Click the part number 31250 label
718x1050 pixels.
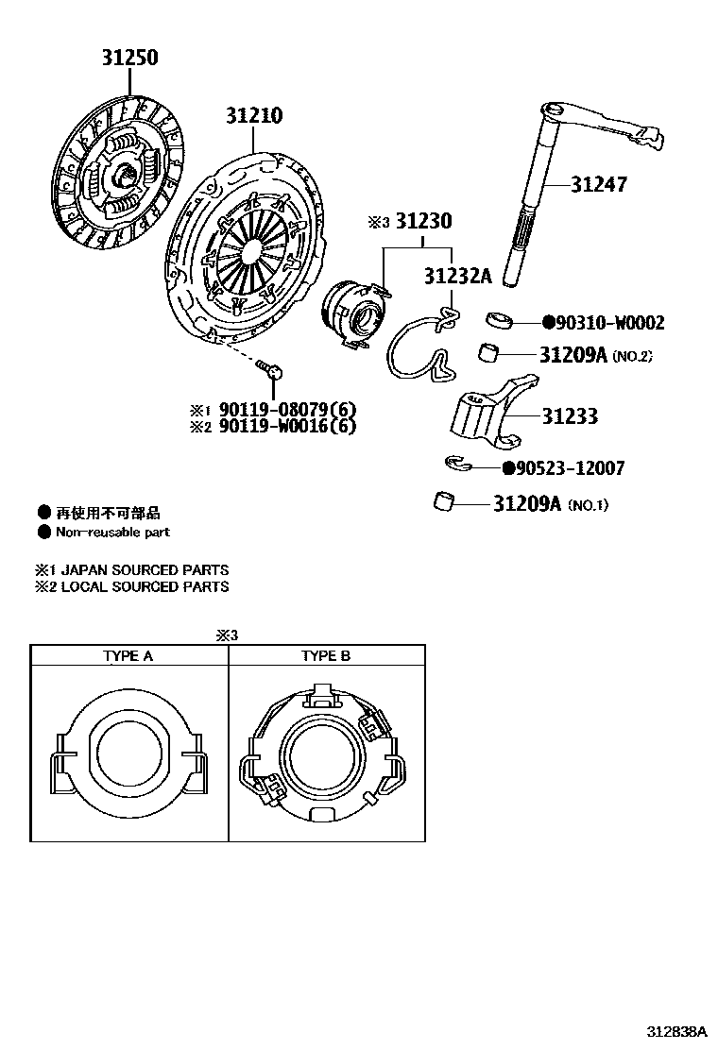click(130, 59)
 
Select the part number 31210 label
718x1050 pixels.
click(253, 116)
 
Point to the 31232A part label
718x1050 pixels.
click(458, 276)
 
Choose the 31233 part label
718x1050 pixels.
click(570, 416)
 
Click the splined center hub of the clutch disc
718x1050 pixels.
click(123, 176)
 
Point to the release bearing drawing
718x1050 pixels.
click(354, 313)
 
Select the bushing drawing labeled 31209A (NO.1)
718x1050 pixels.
click(442, 501)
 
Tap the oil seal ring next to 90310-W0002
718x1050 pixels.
click(501, 321)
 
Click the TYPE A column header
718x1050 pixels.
click(128, 656)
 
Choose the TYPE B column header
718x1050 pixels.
click(326, 656)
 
